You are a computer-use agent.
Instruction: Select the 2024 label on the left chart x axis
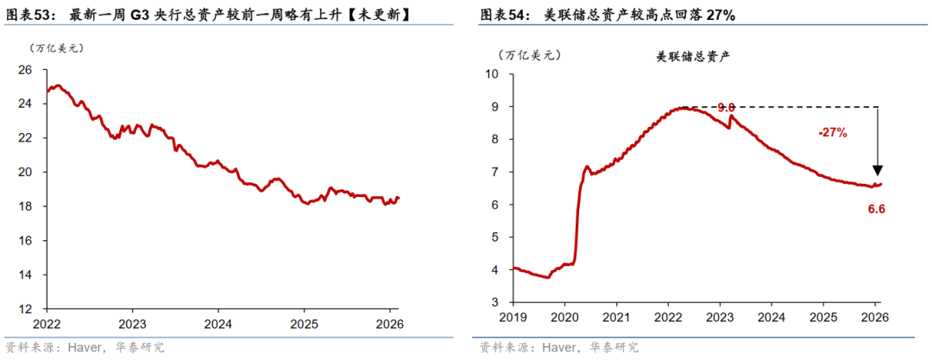[x=217, y=325]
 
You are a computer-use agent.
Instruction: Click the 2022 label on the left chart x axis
[x=46, y=325]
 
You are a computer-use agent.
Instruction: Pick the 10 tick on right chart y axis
[x=493, y=74]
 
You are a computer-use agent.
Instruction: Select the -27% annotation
[x=833, y=133]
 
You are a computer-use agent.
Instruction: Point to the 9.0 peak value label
[x=726, y=107]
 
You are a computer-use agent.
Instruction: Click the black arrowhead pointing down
[x=878, y=170]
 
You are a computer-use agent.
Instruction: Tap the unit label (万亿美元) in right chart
[x=530, y=54]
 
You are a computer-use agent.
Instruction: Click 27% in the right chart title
[x=721, y=16]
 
